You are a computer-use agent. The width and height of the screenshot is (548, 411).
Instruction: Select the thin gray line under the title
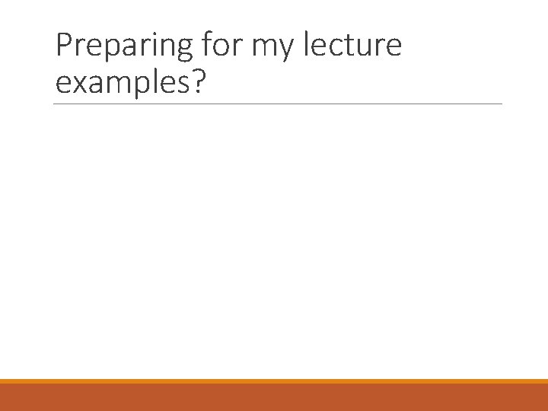(x=278, y=104)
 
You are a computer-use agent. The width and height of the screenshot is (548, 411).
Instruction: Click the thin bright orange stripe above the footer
(x=274, y=381)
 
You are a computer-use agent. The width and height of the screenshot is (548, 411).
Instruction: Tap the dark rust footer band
(x=274, y=397)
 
